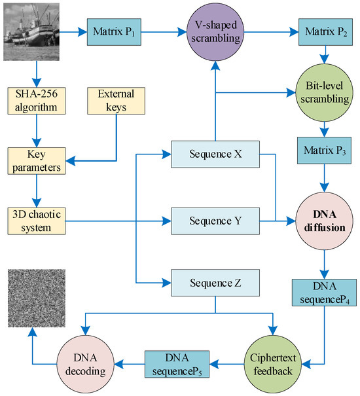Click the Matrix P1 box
pos(116,31)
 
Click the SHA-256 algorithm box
pos(39,99)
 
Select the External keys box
pos(116,99)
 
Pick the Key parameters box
pos(39,160)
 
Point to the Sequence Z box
pos(215,283)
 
